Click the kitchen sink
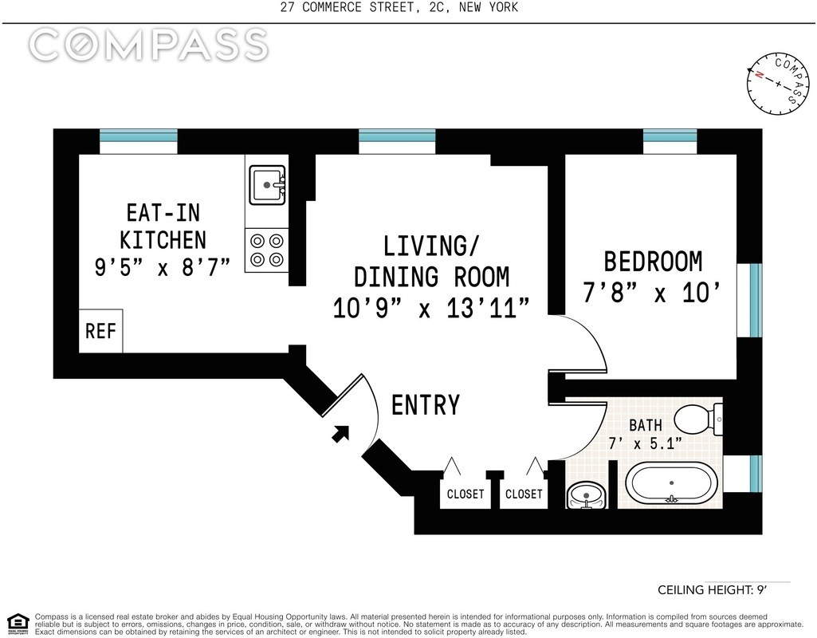267,185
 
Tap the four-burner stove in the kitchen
266,250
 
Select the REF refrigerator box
101,331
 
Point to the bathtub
671,484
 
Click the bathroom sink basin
587,495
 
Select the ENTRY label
426,405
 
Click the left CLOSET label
465,494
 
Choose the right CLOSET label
524,494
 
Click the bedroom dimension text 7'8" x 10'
652,293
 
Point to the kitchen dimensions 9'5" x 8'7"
162,267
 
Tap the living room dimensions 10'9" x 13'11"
431,308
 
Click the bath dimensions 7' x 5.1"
645,443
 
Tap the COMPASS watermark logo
148,45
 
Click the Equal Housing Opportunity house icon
18,624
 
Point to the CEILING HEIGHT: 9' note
713,590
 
